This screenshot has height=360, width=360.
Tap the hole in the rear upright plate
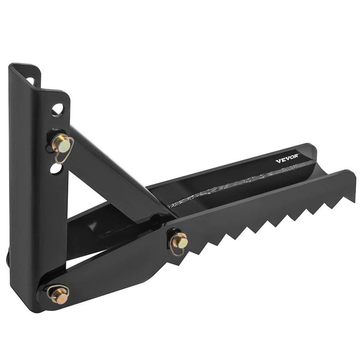coord(31,81)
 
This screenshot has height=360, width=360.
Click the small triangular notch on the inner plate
coord(93,226)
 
